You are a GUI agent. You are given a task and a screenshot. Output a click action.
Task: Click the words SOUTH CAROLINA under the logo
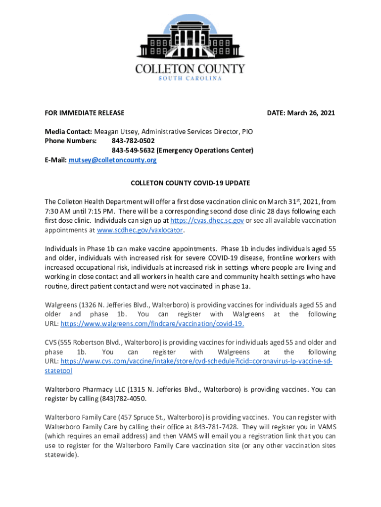point(190,78)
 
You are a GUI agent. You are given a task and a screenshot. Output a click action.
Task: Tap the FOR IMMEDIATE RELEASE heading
point(85,113)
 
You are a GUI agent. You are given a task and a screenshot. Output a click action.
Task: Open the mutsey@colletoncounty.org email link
point(112,160)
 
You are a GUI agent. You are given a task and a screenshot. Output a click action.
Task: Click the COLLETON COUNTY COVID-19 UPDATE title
point(190,183)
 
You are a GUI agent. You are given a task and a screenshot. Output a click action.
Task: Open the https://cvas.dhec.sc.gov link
point(206,221)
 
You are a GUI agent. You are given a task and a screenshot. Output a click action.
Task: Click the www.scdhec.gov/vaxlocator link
point(140,230)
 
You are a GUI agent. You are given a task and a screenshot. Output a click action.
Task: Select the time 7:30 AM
point(58,211)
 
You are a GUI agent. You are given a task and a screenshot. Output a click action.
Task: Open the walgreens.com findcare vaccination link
point(152,324)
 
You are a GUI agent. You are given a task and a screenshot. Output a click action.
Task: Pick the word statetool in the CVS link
point(58,370)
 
